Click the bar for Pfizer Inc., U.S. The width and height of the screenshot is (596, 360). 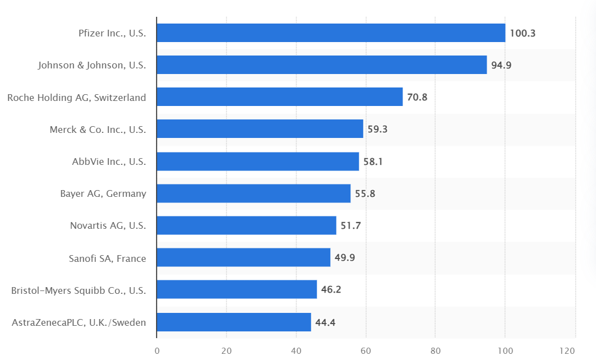[331, 33]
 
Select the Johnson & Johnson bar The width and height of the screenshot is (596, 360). [322, 64]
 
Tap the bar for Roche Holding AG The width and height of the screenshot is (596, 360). [280, 96]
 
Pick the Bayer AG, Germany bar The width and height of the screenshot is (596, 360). [254, 193]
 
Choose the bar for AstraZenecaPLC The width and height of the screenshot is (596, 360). [234, 322]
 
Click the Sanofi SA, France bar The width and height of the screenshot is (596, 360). [244, 257]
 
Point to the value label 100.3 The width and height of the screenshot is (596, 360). [523, 33]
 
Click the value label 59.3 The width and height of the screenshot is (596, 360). [377, 129]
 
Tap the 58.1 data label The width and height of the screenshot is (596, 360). [373, 161]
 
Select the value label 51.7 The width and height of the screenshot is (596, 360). [350, 225]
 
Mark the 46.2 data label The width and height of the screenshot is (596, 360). [331, 289]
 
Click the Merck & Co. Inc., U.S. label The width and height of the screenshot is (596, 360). [98, 130]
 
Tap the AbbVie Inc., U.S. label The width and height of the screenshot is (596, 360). [109, 161]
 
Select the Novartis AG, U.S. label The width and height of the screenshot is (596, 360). [108, 225]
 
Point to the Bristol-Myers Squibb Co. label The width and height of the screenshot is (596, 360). [78, 290]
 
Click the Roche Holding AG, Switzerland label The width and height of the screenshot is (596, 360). [76, 98]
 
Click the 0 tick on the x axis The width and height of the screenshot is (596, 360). [157, 350]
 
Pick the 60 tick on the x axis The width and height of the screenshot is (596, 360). [366, 350]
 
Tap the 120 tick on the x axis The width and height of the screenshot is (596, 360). [567, 350]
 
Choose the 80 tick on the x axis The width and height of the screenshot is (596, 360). [436, 350]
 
